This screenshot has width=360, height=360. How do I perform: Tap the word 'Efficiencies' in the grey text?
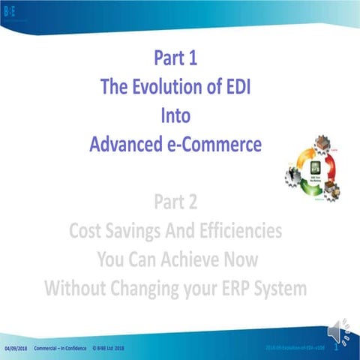[x=236, y=230]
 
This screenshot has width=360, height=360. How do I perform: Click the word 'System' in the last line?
[x=282, y=288]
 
